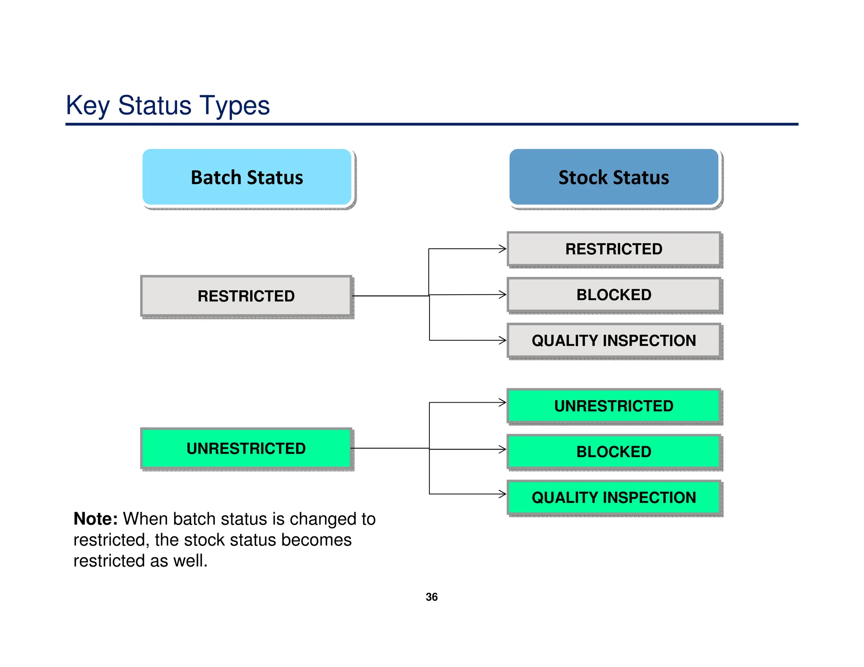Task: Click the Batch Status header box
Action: (247, 177)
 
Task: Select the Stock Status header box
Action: (613, 177)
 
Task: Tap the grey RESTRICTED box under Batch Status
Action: (246, 296)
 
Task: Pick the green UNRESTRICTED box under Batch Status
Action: (246, 448)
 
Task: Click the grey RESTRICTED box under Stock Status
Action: (613, 249)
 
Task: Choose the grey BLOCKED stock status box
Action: (613, 295)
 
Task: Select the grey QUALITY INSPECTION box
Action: (613, 340)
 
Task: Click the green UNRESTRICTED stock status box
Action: (613, 406)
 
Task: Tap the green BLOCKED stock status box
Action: (613, 452)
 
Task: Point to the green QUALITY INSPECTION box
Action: (613, 498)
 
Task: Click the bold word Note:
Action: (95, 519)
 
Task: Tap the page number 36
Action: (432, 597)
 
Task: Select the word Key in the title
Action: (88, 105)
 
